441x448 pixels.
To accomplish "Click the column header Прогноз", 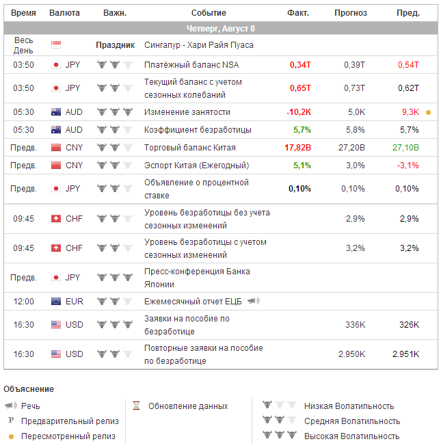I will click(350, 13).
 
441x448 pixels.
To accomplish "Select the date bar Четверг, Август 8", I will click(221, 29).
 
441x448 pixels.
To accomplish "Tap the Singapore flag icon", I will click(56, 45).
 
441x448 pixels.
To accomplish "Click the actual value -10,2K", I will click(299, 112).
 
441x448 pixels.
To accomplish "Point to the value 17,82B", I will click(297, 148).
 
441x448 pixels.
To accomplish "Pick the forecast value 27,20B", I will click(351, 148).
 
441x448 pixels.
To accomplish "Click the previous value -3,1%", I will click(408, 166).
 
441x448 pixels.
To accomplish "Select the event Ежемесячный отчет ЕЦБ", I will click(193, 302).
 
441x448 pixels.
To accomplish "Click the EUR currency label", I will click(74, 302).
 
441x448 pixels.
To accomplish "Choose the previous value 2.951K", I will click(405, 354).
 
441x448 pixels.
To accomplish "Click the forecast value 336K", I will click(355, 325).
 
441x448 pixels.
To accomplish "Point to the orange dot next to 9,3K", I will click(429, 112).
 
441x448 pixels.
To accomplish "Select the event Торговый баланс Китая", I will click(189, 148).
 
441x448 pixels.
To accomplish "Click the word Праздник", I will click(115, 45).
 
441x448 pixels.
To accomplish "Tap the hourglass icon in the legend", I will click(136, 406).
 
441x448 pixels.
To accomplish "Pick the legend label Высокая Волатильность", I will click(352, 436).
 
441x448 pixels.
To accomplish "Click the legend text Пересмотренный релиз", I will click(68, 436).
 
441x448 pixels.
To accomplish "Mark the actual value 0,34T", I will click(300, 65).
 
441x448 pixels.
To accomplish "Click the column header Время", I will click(24, 13).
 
